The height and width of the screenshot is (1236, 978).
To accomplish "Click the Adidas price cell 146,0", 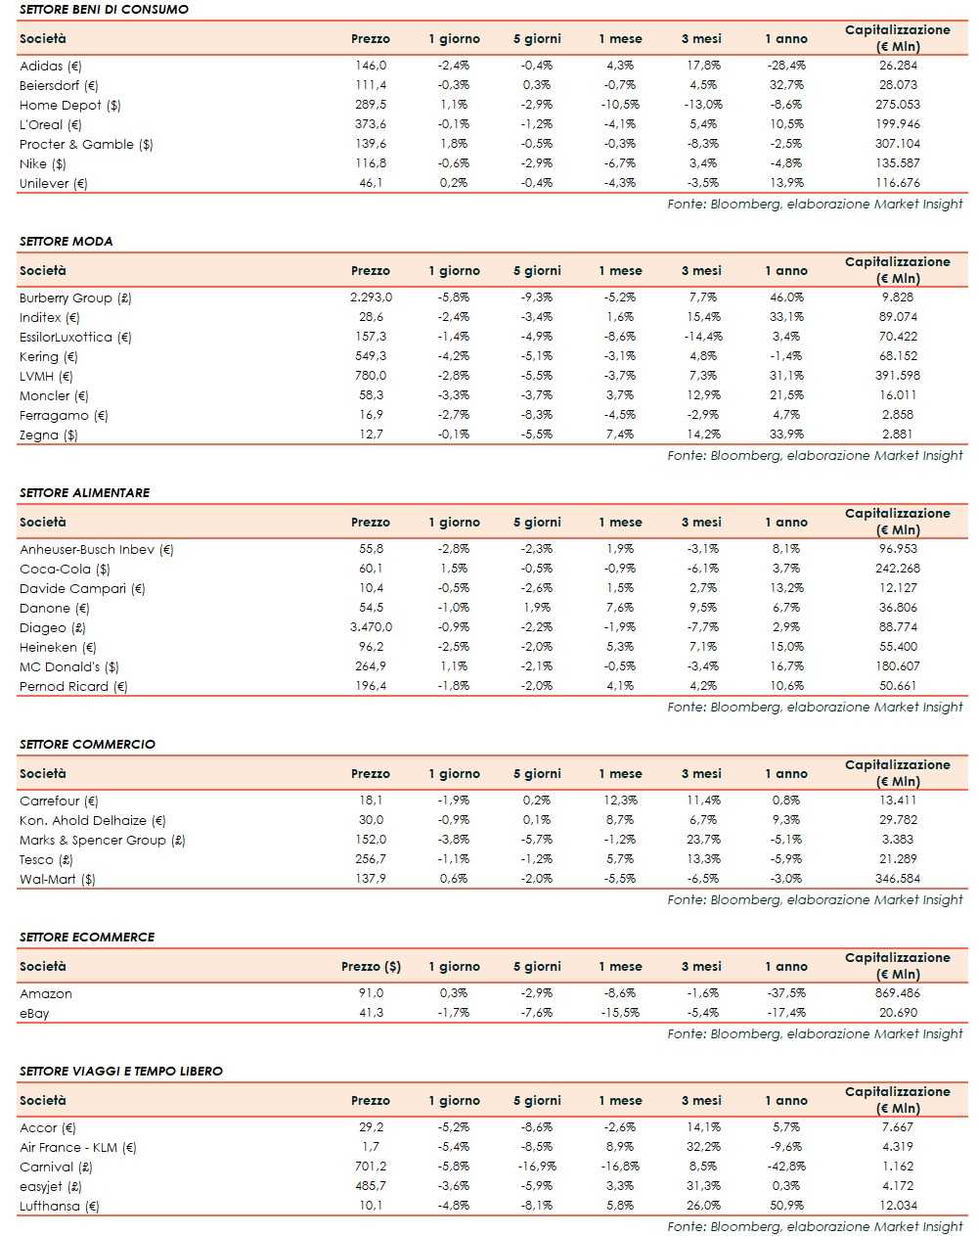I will (371, 66).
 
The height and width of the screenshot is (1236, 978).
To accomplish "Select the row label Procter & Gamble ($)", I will (86, 144).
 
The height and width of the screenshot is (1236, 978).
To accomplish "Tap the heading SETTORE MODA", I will (66, 241).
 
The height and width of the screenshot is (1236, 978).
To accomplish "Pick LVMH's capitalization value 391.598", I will (897, 376).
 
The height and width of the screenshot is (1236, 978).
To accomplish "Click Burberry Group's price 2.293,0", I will (371, 298).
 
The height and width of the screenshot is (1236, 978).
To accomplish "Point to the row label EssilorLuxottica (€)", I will (75, 337).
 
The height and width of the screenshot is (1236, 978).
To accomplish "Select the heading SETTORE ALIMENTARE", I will (84, 492).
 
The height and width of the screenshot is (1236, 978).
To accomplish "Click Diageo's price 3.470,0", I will (371, 627).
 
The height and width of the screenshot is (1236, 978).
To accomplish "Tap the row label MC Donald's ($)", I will (69, 666).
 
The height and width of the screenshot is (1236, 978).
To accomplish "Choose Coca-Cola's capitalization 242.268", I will (897, 569).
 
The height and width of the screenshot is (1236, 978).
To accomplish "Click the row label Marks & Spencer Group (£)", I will (103, 840).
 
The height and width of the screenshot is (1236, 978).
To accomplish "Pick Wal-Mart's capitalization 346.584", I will (897, 879).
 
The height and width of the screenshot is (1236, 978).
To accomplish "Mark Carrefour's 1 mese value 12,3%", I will (620, 801).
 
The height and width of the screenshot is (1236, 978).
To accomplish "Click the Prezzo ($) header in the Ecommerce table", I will (371, 966).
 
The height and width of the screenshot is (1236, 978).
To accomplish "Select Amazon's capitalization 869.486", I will (897, 993).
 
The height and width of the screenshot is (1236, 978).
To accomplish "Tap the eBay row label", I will (34, 1013).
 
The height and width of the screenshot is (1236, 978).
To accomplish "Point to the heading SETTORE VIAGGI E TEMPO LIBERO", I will (120, 1071).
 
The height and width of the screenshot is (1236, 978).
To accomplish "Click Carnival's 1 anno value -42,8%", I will (786, 1167).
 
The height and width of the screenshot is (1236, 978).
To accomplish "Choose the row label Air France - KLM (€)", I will (78, 1147).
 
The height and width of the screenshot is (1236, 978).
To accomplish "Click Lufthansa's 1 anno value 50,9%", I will (786, 1206).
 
